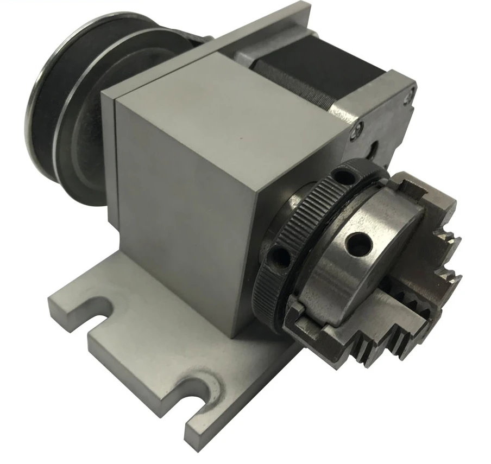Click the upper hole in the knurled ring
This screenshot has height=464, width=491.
point(341,176)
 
